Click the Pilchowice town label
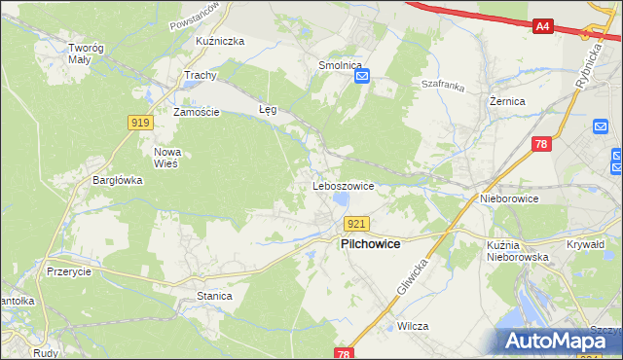coord(370,244)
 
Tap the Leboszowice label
coord(343,185)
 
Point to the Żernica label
coord(507,100)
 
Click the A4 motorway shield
coord(544,27)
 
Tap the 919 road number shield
coord(139,122)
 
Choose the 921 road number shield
coord(356,224)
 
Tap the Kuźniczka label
coord(219,42)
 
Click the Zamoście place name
coord(197,112)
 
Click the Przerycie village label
coord(68,272)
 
